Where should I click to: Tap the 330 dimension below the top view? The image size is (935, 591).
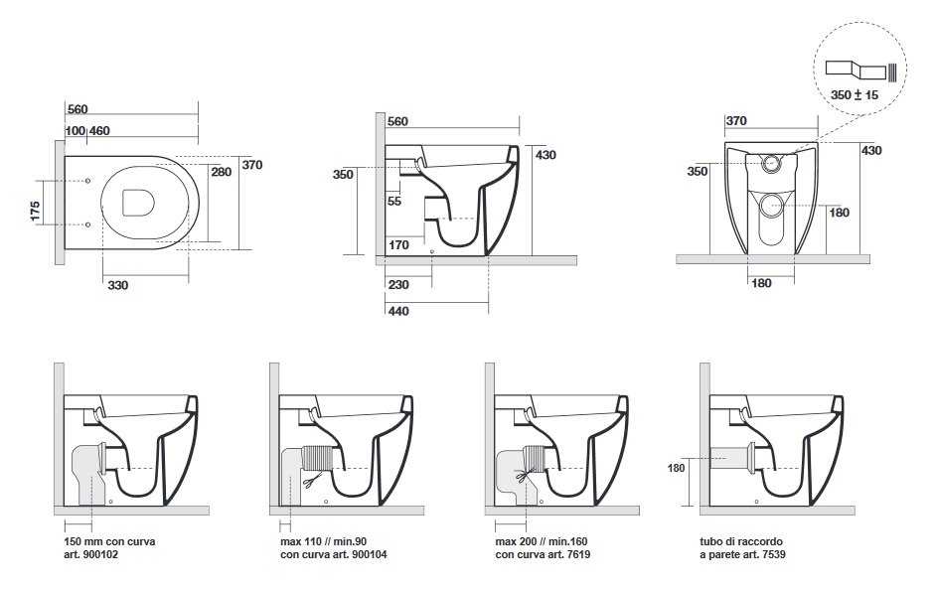[117, 285]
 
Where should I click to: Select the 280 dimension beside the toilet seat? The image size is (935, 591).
[222, 171]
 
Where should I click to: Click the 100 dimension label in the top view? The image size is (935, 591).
[75, 130]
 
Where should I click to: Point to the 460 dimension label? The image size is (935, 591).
[99, 130]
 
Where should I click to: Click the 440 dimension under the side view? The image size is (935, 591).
[397, 311]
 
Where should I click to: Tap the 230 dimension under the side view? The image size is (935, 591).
[397, 284]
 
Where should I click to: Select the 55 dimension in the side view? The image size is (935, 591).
[394, 201]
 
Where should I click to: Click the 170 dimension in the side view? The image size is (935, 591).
[398, 244]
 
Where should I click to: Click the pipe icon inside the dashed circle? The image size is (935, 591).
[861, 71]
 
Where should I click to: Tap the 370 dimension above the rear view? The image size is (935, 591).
[736, 120]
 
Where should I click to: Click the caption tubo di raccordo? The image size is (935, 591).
[742, 541]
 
